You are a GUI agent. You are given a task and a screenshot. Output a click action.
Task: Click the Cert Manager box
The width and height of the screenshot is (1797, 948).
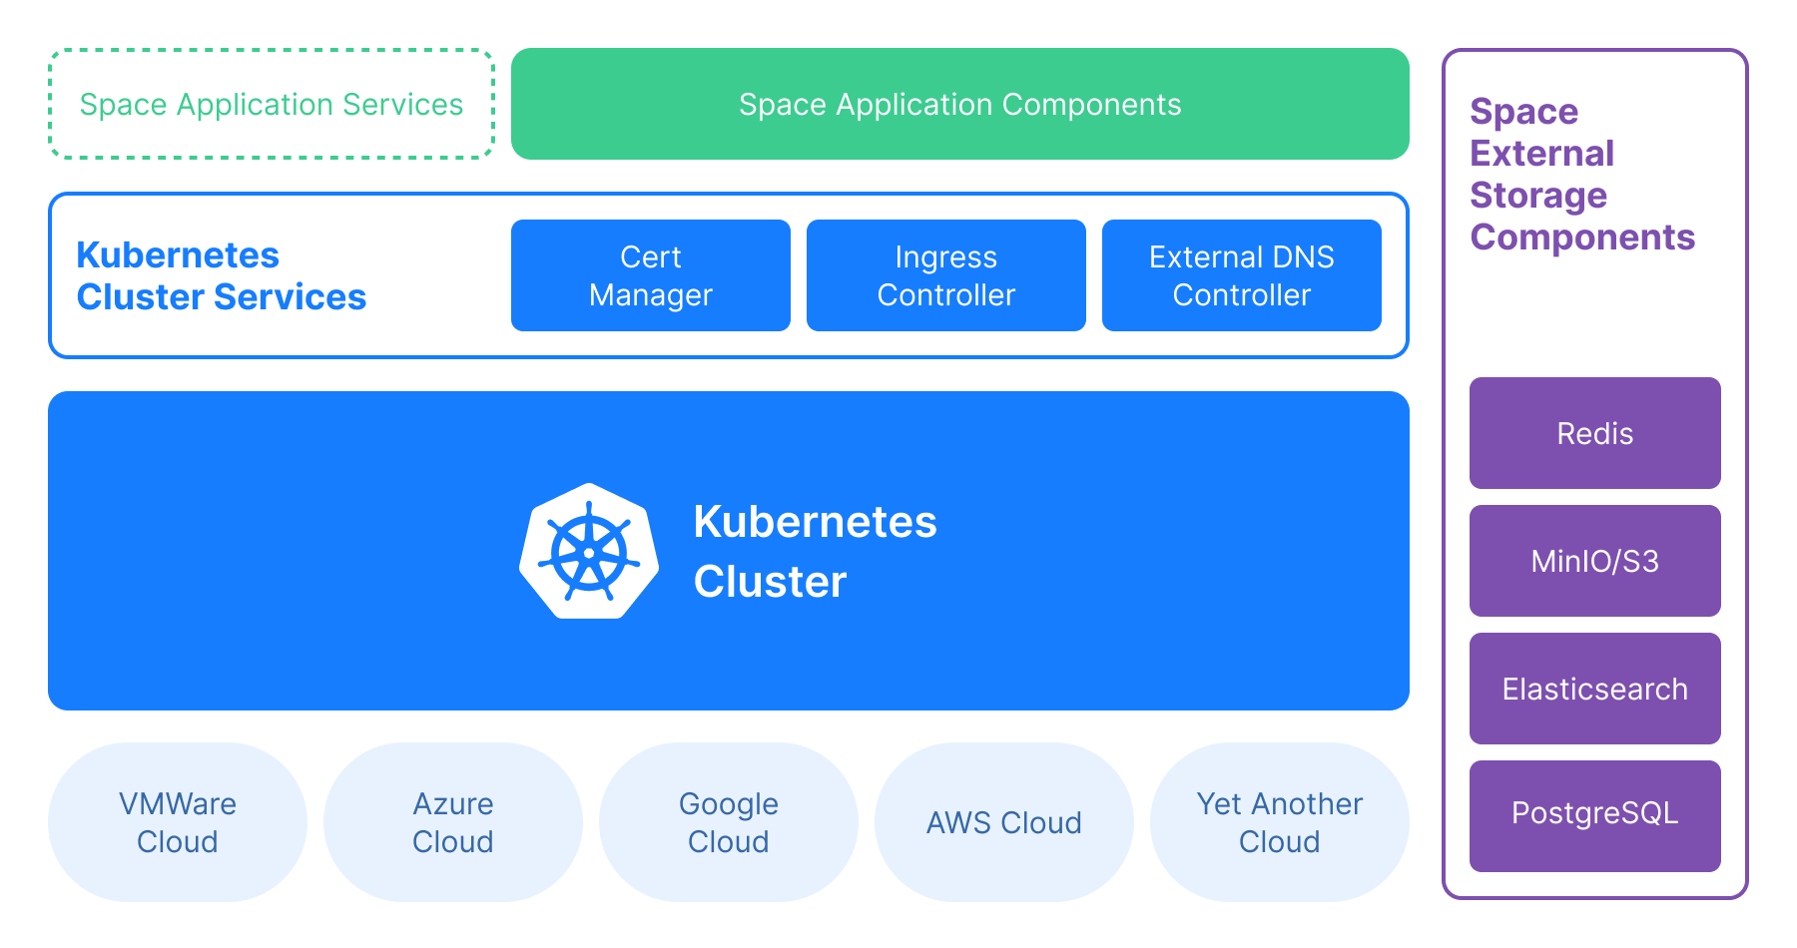tap(650, 275)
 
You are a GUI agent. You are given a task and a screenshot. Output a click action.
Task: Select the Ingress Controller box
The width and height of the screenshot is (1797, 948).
tap(945, 275)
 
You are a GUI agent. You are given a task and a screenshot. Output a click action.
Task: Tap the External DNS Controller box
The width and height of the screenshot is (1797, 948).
tap(1241, 275)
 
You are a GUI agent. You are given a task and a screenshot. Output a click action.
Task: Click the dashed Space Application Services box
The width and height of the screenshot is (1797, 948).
tap(271, 104)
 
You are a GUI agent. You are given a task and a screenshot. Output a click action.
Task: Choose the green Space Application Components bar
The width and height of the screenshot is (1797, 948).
tap(959, 104)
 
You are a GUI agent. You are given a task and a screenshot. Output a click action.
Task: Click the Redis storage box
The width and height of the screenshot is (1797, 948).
tap(1594, 433)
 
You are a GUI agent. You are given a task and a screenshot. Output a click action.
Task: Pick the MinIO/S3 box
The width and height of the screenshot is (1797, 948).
tap(1594, 561)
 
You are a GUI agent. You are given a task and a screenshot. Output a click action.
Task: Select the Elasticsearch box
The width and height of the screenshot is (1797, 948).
tap(1594, 689)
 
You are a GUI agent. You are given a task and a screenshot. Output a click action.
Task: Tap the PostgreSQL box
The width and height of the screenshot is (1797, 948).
tap(1594, 814)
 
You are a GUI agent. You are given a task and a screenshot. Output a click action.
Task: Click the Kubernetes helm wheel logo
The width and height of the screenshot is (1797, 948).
tap(589, 552)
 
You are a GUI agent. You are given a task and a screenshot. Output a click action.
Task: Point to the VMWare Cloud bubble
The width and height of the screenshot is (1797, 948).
tap(178, 822)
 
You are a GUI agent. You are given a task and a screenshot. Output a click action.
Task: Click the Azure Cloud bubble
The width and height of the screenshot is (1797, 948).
tap(453, 822)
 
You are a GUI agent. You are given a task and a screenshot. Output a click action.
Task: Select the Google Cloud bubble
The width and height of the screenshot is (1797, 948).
tap(729, 822)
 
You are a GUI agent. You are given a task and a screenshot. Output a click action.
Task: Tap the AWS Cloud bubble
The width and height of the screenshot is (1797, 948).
tap(1003, 822)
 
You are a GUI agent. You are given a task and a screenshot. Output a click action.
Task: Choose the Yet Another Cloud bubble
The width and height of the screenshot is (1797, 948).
tap(1279, 822)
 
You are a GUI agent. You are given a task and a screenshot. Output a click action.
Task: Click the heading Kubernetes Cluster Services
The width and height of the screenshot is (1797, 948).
tap(221, 276)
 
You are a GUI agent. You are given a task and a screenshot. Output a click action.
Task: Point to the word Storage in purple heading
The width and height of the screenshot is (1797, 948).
tap(1537, 196)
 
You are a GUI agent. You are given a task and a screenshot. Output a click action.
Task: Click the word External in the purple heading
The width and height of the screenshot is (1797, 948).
tap(1541, 154)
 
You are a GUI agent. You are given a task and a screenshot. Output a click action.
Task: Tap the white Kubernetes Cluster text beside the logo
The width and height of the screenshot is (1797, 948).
tap(814, 552)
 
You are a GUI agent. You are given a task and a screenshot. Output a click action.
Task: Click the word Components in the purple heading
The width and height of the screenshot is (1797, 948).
tap(1581, 237)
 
